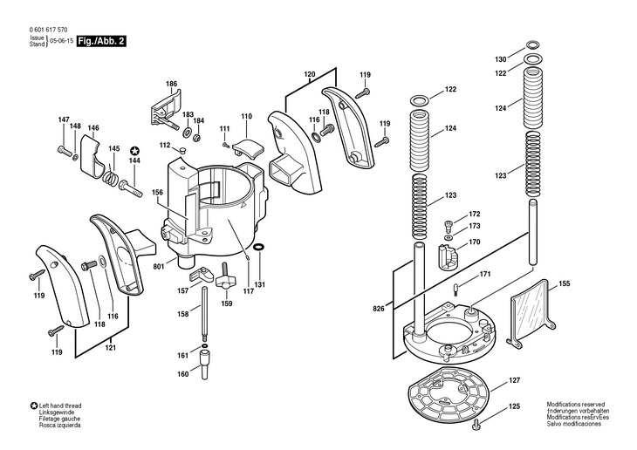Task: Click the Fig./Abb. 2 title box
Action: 101,41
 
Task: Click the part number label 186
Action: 171,84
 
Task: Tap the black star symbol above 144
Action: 134,152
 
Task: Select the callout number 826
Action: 378,309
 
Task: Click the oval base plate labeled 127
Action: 449,391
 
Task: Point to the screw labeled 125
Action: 477,425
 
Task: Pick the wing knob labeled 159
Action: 224,278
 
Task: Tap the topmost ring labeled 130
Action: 533,44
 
